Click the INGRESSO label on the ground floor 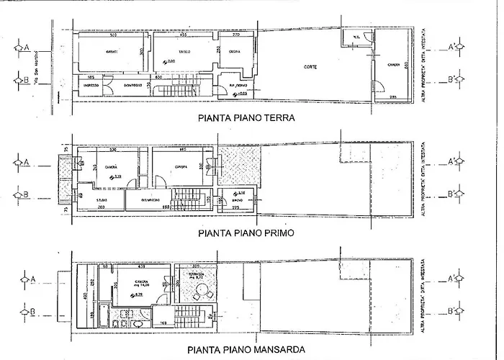(91, 85)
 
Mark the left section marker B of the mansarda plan (27, 312)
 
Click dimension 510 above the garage (113, 35)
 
